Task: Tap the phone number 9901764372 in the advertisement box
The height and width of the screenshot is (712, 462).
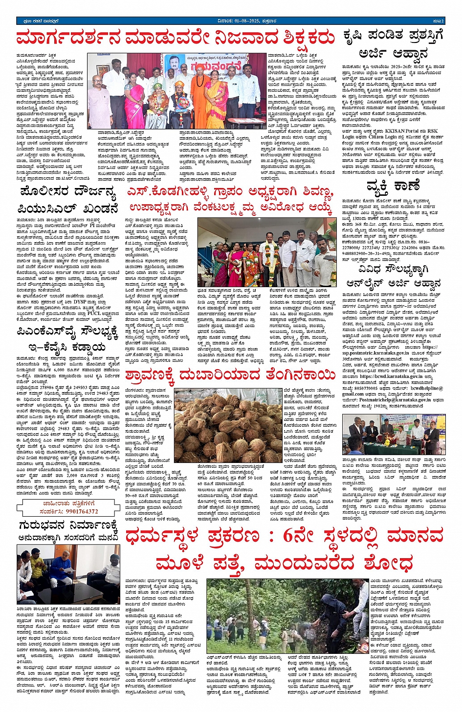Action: point(75,512)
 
